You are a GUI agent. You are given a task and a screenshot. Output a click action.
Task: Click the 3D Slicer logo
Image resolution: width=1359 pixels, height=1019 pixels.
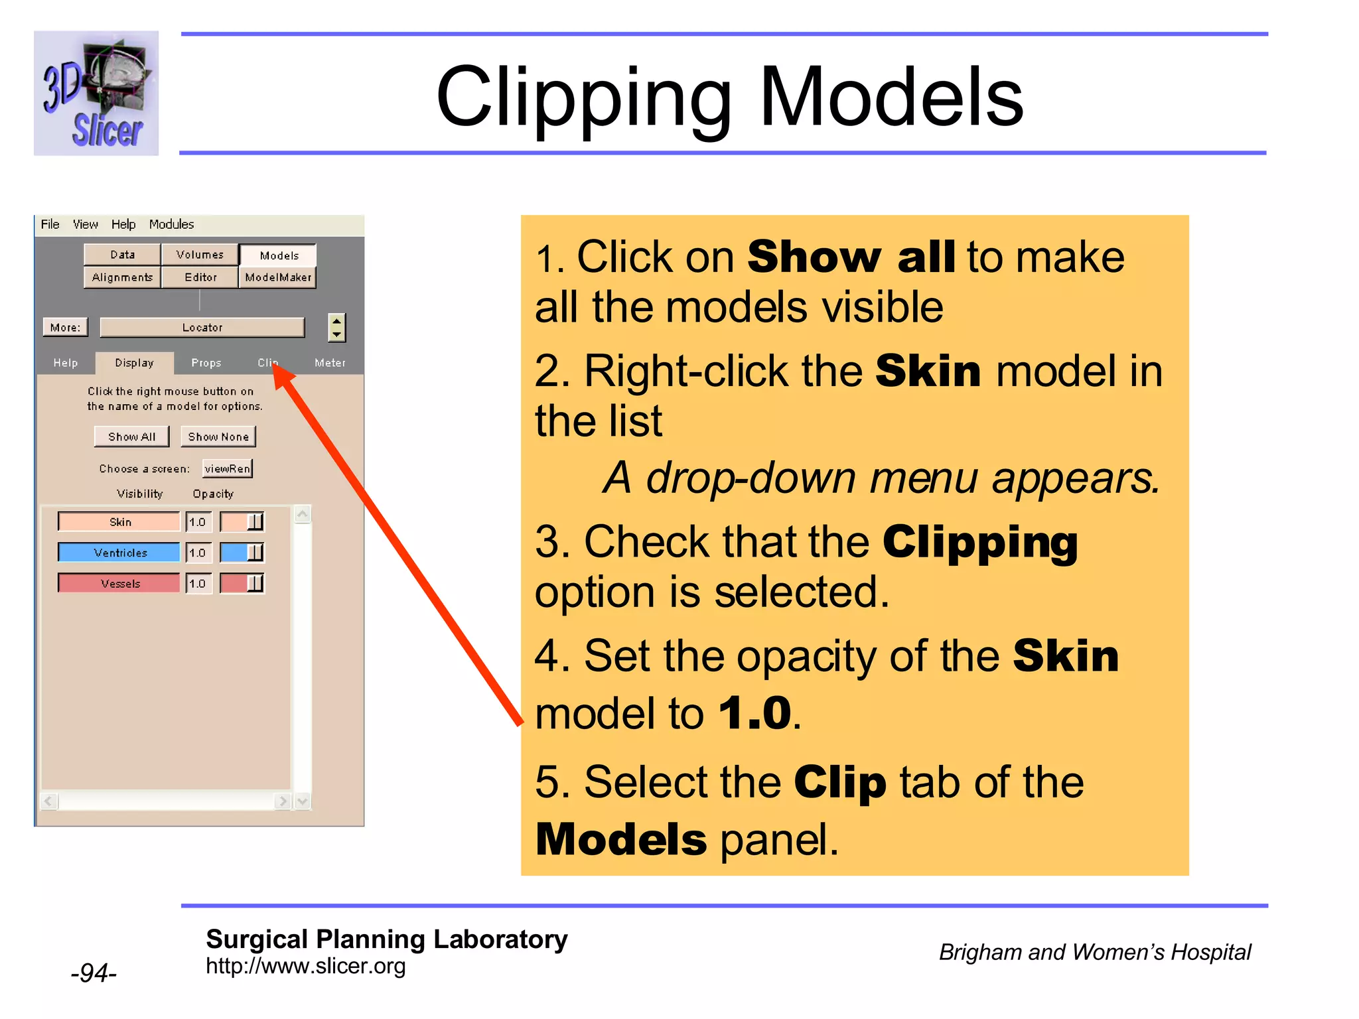click(x=96, y=94)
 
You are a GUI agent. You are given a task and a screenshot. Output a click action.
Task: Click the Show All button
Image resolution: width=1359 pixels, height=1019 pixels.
click(x=131, y=437)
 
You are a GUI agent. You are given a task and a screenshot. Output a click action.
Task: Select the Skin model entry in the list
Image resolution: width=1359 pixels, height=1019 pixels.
click(x=119, y=522)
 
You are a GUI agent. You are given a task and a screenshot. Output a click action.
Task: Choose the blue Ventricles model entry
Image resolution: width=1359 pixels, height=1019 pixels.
click(x=119, y=553)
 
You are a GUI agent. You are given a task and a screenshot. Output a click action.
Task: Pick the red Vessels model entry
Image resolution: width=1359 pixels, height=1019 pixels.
click(x=119, y=583)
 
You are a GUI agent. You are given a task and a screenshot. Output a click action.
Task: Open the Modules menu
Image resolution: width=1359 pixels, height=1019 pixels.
click(x=171, y=224)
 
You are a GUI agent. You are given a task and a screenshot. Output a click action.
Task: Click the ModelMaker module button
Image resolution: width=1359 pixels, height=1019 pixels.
click(x=278, y=277)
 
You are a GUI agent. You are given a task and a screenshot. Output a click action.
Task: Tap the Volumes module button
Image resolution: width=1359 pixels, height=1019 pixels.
click(x=200, y=255)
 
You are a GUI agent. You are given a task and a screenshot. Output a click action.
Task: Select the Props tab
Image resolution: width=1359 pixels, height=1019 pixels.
click(x=206, y=363)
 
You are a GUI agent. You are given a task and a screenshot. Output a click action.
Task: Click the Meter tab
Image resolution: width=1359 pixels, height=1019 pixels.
click(x=330, y=363)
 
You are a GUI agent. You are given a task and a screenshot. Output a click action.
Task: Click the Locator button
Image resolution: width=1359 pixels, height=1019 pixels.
click(x=202, y=328)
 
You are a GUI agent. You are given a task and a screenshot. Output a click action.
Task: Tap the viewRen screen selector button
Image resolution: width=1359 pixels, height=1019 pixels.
click(x=228, y=468)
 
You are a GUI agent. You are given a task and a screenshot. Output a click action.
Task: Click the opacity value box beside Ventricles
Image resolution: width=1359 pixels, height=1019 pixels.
click(x=198, y=553)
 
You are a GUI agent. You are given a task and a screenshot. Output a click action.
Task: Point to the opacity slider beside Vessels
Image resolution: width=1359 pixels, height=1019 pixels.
click(x=242, y=583)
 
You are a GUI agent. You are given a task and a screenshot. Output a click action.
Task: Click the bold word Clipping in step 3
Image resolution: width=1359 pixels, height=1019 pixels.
click(x=980, y=543)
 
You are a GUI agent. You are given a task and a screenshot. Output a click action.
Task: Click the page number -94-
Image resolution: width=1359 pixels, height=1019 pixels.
click(x=94, y=973)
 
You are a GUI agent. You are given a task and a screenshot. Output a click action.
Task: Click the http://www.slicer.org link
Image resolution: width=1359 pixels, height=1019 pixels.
click(x=305, y=966)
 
